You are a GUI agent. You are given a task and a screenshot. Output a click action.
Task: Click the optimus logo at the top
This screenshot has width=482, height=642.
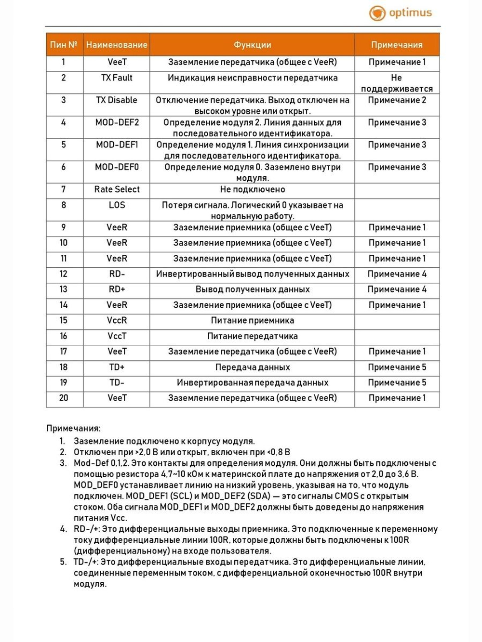400,13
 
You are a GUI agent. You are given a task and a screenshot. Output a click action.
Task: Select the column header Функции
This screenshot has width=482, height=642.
252,45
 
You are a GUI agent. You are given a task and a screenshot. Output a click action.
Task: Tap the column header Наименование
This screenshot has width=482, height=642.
117,45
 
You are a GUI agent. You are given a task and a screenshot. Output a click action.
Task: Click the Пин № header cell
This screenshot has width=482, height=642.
64,45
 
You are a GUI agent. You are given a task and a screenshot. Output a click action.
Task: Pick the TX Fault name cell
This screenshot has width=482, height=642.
117,78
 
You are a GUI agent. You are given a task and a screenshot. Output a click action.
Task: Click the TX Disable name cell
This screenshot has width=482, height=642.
117,100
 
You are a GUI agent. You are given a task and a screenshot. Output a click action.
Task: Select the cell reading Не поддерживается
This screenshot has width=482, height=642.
397,83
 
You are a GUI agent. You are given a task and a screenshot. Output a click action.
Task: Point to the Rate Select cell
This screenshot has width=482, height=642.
117,190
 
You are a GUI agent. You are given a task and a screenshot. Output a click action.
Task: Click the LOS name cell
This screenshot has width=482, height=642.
117,205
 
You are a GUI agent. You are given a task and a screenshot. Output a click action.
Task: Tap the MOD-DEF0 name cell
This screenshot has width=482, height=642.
117,167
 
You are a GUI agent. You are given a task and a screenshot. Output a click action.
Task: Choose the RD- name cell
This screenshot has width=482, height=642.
117,274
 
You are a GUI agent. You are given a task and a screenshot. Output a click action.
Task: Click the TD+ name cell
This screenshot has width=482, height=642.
117,367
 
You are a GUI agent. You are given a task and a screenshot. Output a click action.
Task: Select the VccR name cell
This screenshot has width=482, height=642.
117,321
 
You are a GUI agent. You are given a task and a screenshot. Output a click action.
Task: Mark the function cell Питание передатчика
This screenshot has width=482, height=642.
252,336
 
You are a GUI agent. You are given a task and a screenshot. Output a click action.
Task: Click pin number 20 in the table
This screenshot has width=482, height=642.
64,398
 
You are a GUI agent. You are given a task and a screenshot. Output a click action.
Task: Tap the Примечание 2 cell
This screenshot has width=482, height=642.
397,100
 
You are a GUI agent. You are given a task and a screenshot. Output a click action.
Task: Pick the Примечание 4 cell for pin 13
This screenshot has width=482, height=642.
397,289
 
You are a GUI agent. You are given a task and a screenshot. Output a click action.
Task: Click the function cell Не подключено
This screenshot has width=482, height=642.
252,190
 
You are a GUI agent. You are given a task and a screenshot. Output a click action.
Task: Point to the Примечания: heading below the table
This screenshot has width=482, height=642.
73,428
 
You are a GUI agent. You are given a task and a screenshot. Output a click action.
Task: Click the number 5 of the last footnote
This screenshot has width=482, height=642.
63,562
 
